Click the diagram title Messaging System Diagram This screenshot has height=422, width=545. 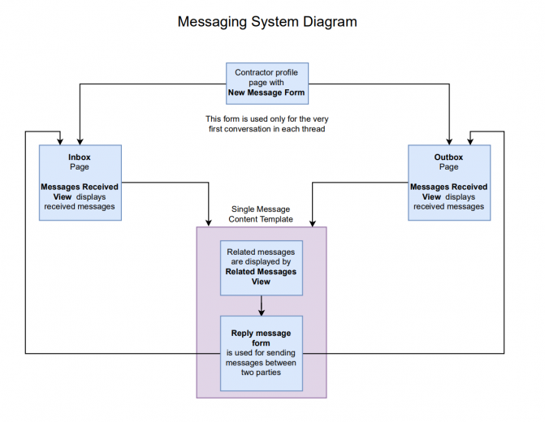coord(267,22)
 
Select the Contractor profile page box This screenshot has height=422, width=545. coord(267,84)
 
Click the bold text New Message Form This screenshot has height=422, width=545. coord(266,93)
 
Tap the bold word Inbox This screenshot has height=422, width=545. coord(80,157)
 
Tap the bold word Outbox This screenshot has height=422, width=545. coord(448,157)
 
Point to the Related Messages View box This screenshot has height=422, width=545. coord(262,268)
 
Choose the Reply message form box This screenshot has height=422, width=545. coord(262,353)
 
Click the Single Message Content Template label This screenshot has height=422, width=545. coord(261,214)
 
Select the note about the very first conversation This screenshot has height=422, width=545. coord(267,123)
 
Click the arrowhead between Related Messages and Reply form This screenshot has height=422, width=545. coord(262,312)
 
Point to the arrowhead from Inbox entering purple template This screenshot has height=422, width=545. coord(209,222)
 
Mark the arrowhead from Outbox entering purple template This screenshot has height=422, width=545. coord(313,222)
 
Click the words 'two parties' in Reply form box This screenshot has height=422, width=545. coord(261,372)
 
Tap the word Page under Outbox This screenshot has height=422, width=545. coord(448,166)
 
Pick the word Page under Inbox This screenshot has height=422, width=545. coord(80,166)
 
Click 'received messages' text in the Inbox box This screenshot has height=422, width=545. coord(80,206)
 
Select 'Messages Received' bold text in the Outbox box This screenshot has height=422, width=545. coord(448,187)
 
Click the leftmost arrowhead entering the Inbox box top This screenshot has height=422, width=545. coord(60,141)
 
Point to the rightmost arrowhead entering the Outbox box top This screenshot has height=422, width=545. coord(470,141)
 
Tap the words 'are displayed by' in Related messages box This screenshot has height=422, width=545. coord(261,261)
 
